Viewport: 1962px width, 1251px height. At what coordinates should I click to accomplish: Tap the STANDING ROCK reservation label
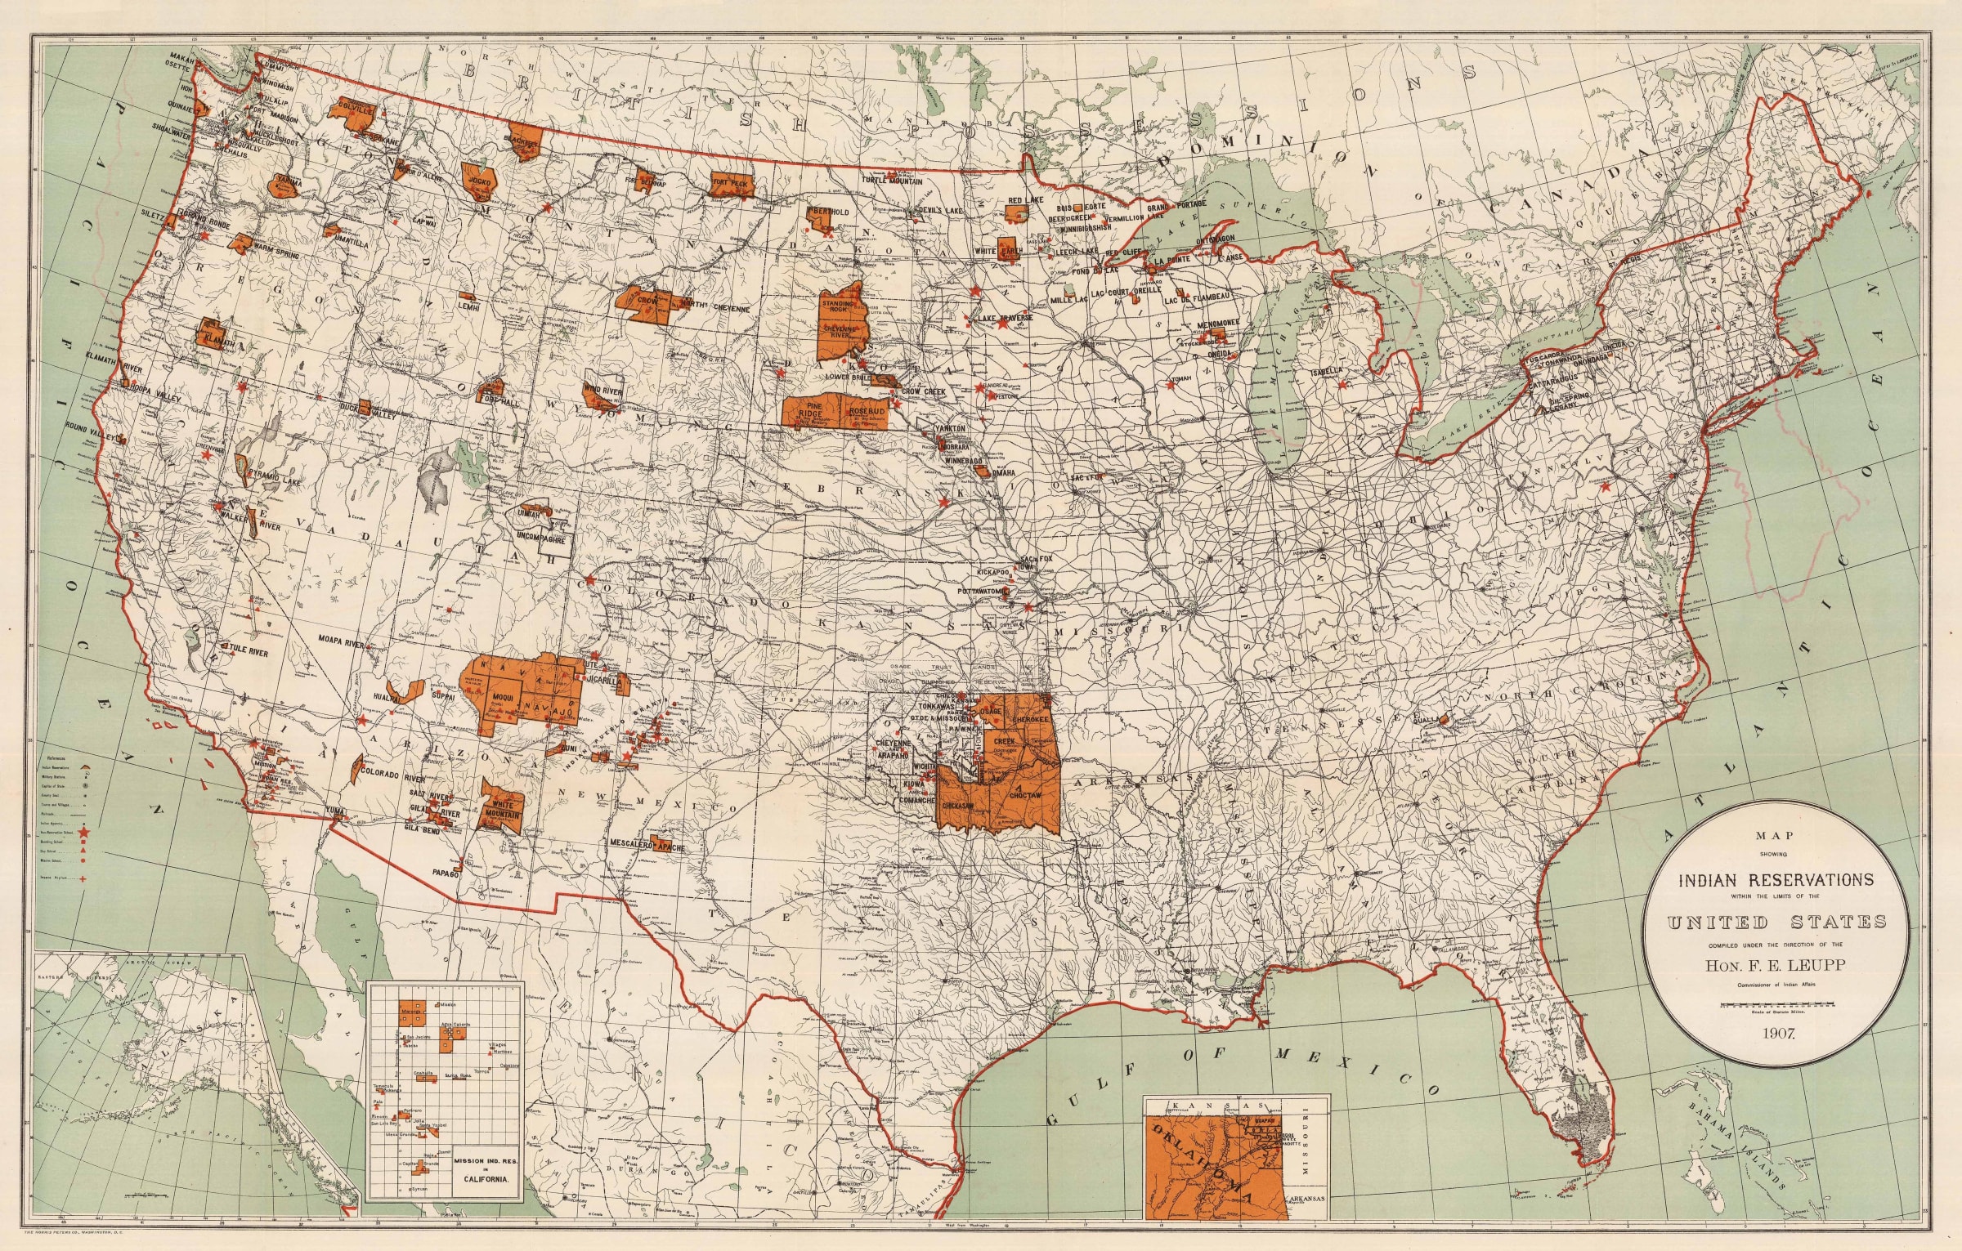(x=837, y=306)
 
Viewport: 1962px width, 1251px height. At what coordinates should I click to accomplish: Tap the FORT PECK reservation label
(x=730, y=183)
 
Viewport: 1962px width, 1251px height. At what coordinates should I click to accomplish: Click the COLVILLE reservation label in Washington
(x=354, y=109)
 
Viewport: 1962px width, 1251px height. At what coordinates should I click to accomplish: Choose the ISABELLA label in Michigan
(x=1327, y=370)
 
